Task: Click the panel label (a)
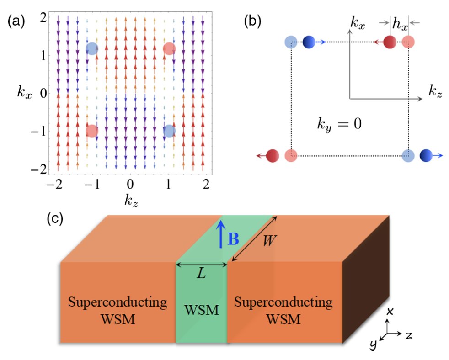(x=16, y=22)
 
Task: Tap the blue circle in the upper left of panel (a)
(x=92, y=48)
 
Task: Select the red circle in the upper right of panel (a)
(x=169, y=48)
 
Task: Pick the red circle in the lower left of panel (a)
(x=92, y=131)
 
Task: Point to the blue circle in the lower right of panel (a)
(x=169, y=131)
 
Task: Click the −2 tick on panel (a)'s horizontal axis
(x=54, y=184)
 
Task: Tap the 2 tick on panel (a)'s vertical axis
(x=43, y=18)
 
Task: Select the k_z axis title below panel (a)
(x=131, y=200)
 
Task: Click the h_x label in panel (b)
(x=400, y=23)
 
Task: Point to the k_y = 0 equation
(x=339, y=124)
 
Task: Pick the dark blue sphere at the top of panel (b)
(x=309, y=42)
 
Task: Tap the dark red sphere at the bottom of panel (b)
(x=273, y=156)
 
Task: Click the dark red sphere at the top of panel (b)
(x=390, y=42)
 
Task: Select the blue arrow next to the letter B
(x=220, y=234)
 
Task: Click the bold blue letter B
(x=233, y=239)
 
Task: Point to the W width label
(x=269, y=240)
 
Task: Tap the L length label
(x=201, y=274)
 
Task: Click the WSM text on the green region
(x=202, y=310)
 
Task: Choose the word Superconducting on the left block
(x=118, y=302)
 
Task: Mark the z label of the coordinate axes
(x=408, y=335)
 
